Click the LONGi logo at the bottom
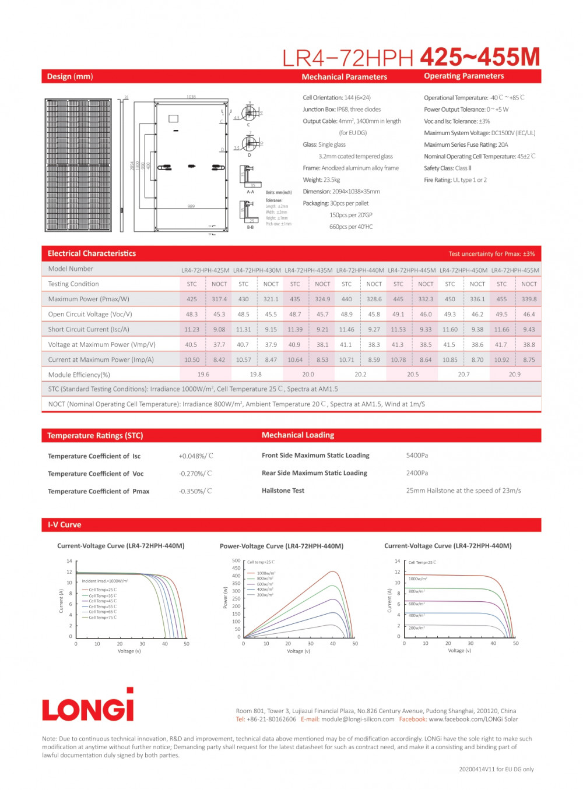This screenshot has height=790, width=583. [x=88, y=706]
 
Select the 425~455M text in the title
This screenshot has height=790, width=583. [x=479, y=57]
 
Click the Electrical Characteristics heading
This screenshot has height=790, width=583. [x=92, y=253]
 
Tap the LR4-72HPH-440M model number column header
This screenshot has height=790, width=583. [x=360, y=270]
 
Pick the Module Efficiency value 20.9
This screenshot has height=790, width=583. [x=514, y=375]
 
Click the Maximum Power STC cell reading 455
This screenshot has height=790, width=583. [x=501, y=299]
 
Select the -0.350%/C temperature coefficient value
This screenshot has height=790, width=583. [x=195, y=491]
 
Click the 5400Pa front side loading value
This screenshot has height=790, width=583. [x=417, y=456]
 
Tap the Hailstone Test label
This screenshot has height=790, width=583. [x=283, y=491]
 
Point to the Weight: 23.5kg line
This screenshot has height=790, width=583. [x=321, y=180]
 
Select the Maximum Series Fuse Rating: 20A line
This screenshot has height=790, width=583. [x=466, y=144]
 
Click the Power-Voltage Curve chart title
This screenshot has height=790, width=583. [x=281, y=546]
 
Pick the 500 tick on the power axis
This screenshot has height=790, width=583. [x=236, y=560]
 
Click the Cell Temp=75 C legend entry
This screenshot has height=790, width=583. [x=102, y=618]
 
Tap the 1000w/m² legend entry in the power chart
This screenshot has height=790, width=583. [x=266, y=573]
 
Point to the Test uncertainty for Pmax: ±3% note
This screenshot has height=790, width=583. [x=491, y=254]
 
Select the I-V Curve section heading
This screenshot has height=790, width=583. [x=65, y=525]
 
